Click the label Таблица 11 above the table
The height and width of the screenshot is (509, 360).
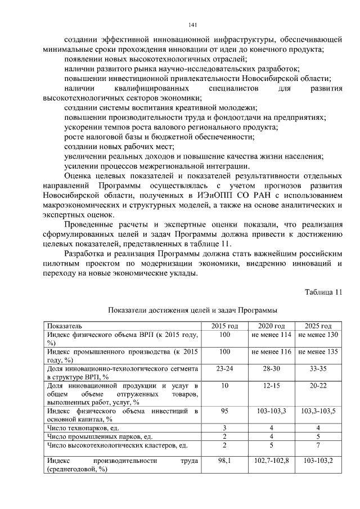click(323, 292)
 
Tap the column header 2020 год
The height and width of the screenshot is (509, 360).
click(272, 326)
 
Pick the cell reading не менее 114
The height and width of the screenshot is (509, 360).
click(272, 335)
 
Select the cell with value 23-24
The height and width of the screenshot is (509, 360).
click(225, 368)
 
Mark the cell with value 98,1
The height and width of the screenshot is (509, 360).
click(225, 460)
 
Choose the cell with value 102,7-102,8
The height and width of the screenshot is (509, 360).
click(272, 460)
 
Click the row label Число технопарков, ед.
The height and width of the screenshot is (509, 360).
click(83, 428)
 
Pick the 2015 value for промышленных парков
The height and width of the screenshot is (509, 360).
click(225, 436)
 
